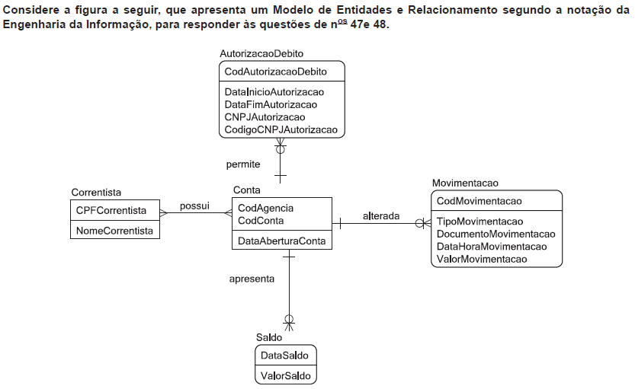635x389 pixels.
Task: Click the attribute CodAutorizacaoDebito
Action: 275,72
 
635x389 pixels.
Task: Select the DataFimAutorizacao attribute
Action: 271,105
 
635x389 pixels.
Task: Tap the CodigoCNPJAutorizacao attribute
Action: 281,130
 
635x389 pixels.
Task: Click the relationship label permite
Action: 243,164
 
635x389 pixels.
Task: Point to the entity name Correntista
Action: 96,193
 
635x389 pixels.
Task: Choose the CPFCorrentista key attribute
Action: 111,211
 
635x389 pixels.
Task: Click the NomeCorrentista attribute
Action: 114,231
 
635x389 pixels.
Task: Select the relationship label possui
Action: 194,206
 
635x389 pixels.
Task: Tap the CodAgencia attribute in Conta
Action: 265,209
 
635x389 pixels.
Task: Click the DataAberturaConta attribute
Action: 281,241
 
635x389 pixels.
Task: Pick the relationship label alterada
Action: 381,216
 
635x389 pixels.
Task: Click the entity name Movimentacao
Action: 465,183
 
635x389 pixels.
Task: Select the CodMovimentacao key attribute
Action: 479,201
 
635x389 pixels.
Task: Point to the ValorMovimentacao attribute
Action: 482,259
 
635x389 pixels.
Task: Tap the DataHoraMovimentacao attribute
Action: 492,247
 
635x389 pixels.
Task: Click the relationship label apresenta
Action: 252,279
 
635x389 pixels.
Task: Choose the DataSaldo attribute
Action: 284,356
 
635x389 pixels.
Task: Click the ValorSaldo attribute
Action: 286,375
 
